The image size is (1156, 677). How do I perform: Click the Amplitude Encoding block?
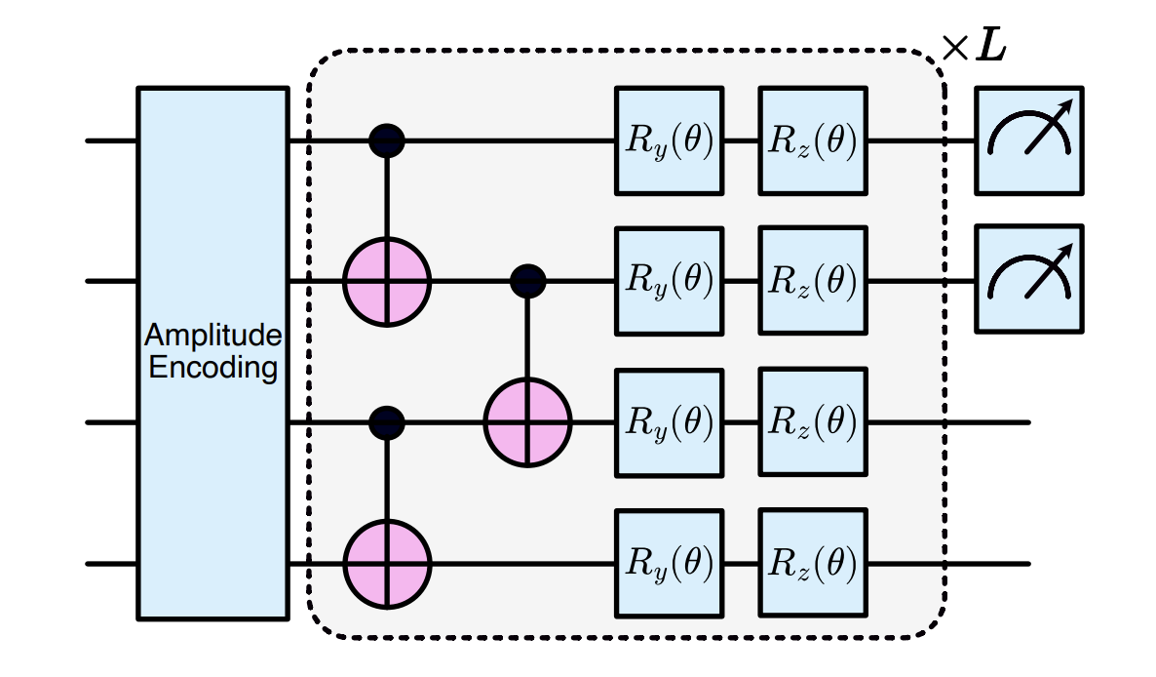pyautogui.click(x=213, y=353)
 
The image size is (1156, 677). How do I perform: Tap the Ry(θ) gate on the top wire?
pyautogui.click(x=670, y=140)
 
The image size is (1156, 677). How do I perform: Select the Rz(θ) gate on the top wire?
pyautogui.click(x=813, y=140)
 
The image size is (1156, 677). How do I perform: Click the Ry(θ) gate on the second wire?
pyautogui.click(x=670, y=281)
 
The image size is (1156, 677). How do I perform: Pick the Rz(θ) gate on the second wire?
pyautogui.click(x=813, y=281)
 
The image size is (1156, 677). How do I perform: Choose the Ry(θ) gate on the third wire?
pyautogui.click(x=670, y=422)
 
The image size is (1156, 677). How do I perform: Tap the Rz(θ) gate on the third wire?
pyautogui.click(x=813, y=422)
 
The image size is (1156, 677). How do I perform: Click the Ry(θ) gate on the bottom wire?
pyautogui.click(x=670, y=564)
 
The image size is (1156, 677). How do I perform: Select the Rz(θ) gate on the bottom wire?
pyautogui.click(x=813, y=564)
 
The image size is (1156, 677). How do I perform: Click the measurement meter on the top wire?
pyautogui.click(x=1029, y=140)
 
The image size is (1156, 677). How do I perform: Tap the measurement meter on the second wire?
pyautogui.click(x=1029, y=280)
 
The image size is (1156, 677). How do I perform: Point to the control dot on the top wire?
pyautogui.click(x=387, y=140)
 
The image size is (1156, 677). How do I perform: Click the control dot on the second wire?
pyautogui.click(x=528, y=281)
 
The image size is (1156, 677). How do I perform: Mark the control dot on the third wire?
pyautogui.click(x=387, y=422)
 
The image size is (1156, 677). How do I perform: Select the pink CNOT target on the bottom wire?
pyautogui.click(x=387, y=564)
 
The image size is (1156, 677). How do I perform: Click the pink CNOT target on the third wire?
pyautogui.click(x=528, y=422)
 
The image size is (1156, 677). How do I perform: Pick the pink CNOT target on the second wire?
pyautogui.click(x=387, y=281)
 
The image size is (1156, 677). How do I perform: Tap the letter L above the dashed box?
pyautogui.click(x=991, y=47)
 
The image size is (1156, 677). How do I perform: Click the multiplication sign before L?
pyautogui.click(x=955, y=49)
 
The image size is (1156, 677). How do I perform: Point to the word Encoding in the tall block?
pyautogui.click(x=213, y=367)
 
